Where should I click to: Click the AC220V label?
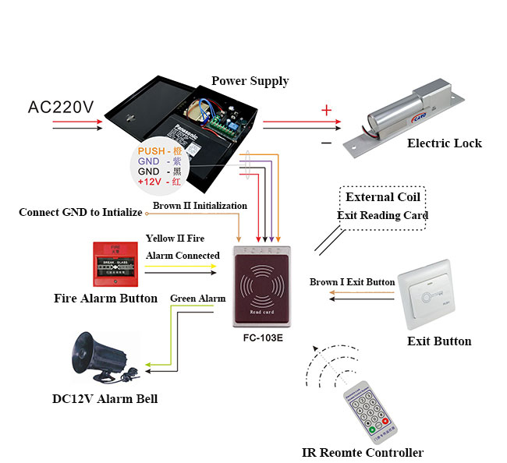pyautogui.click(x=62, y=106)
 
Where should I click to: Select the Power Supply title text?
pyautogui.click(x=250, y=81)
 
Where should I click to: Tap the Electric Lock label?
pyautogui.click(x=444, y=143)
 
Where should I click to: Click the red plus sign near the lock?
pyautogui.click(x=326, y=111)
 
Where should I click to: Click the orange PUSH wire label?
pyautogui.click(x=152, y=150)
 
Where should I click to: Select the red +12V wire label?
pyautogui.click(x=151, y=181)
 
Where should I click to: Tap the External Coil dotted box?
pyautogui.click(x=383, y=207)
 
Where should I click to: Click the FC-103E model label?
pyautogui.click(x=262, y=339)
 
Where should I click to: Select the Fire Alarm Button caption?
pyautogui.click(x=105, y=298)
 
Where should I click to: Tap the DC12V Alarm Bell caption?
pyautogui.click(x=105, y=399)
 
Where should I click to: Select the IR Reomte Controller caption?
pyautogui.click(x=363, y=452)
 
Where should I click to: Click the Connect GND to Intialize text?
pyautogui.click(x=80, y=212)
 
